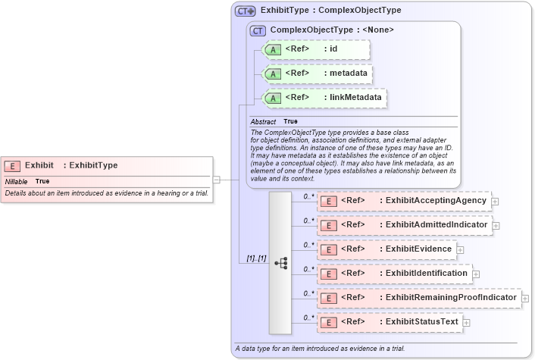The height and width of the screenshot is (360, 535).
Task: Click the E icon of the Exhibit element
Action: point(12,165)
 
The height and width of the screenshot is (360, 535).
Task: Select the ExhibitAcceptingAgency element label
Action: point(436,201)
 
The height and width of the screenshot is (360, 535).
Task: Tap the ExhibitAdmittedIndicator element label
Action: point(436,225)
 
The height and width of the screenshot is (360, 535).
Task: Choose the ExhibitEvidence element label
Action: point(418,249)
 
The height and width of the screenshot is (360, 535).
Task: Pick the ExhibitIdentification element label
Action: point(427,274)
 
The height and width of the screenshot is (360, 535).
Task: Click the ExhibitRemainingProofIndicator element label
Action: point(451,298)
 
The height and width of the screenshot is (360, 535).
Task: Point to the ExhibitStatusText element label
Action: point(422,322)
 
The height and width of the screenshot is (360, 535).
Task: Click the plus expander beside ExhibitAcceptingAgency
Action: point(495,202)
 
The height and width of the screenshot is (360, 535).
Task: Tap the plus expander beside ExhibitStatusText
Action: point(466,323)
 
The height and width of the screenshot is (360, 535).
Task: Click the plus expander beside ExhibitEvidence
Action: point(460,250)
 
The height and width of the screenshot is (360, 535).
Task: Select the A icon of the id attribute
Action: point(273,50)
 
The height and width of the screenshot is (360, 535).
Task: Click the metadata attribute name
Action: point(349,74)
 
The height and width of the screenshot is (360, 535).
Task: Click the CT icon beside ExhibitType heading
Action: point(246,11)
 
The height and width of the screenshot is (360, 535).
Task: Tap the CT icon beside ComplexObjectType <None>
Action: point(258,30)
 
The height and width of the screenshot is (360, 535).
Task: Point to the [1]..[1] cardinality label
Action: point(255,259)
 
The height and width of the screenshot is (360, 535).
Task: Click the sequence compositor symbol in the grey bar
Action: point(280,262)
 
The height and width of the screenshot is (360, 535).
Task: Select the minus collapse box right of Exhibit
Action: point(217,180)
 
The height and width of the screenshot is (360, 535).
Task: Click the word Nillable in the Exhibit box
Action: point(17,182)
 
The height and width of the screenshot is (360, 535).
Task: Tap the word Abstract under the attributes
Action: point(263,122)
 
